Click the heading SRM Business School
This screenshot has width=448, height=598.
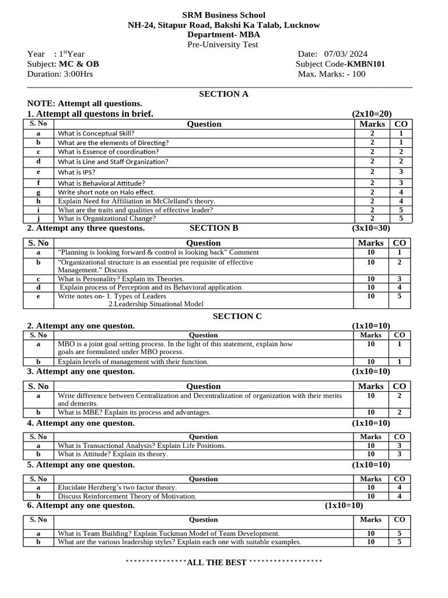click(x=223, y=15)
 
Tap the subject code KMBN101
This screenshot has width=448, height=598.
click(x=366, y=64)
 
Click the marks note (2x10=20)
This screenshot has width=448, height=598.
click(x=371, y=113)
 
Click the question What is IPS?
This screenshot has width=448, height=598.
click(x=76, y=172)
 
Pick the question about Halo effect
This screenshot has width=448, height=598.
click(x=106, y=192)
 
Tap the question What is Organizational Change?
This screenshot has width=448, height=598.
click(x=107, y=218)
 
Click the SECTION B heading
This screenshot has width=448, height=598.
click(x=213, y=228)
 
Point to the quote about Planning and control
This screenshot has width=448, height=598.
click(x=158, y=252)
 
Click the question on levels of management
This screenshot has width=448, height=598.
click(x=133, y=361)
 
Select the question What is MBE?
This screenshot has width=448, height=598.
click(x=134, y=412)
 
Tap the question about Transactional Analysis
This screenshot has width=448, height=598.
click(x=142, y=446)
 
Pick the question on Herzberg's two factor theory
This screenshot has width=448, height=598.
click(x=117, y=487)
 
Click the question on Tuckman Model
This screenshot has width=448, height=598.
click(x=169, y=533)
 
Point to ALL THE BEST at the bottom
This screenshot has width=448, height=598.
click(x=216, y=562)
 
